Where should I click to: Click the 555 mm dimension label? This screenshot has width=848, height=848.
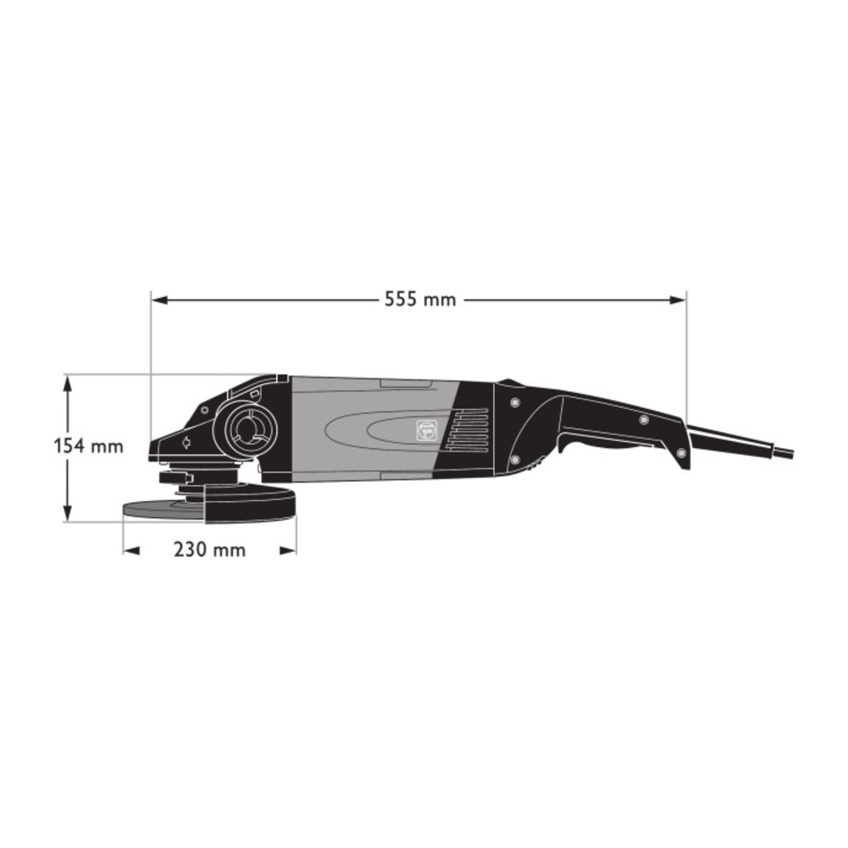[x=420, y=298]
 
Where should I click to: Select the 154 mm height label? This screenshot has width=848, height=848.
[x=89, y=446]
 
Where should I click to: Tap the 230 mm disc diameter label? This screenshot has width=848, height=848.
[x=210, y=550]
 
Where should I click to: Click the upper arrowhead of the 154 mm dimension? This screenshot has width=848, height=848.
[x=67, y=385]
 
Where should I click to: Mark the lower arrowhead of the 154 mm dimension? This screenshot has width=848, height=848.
[x=67, y=512]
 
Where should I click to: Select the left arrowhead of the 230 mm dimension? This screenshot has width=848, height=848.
[x=132, y=550]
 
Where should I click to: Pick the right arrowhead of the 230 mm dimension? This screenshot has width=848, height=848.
[x=288, y=550]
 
